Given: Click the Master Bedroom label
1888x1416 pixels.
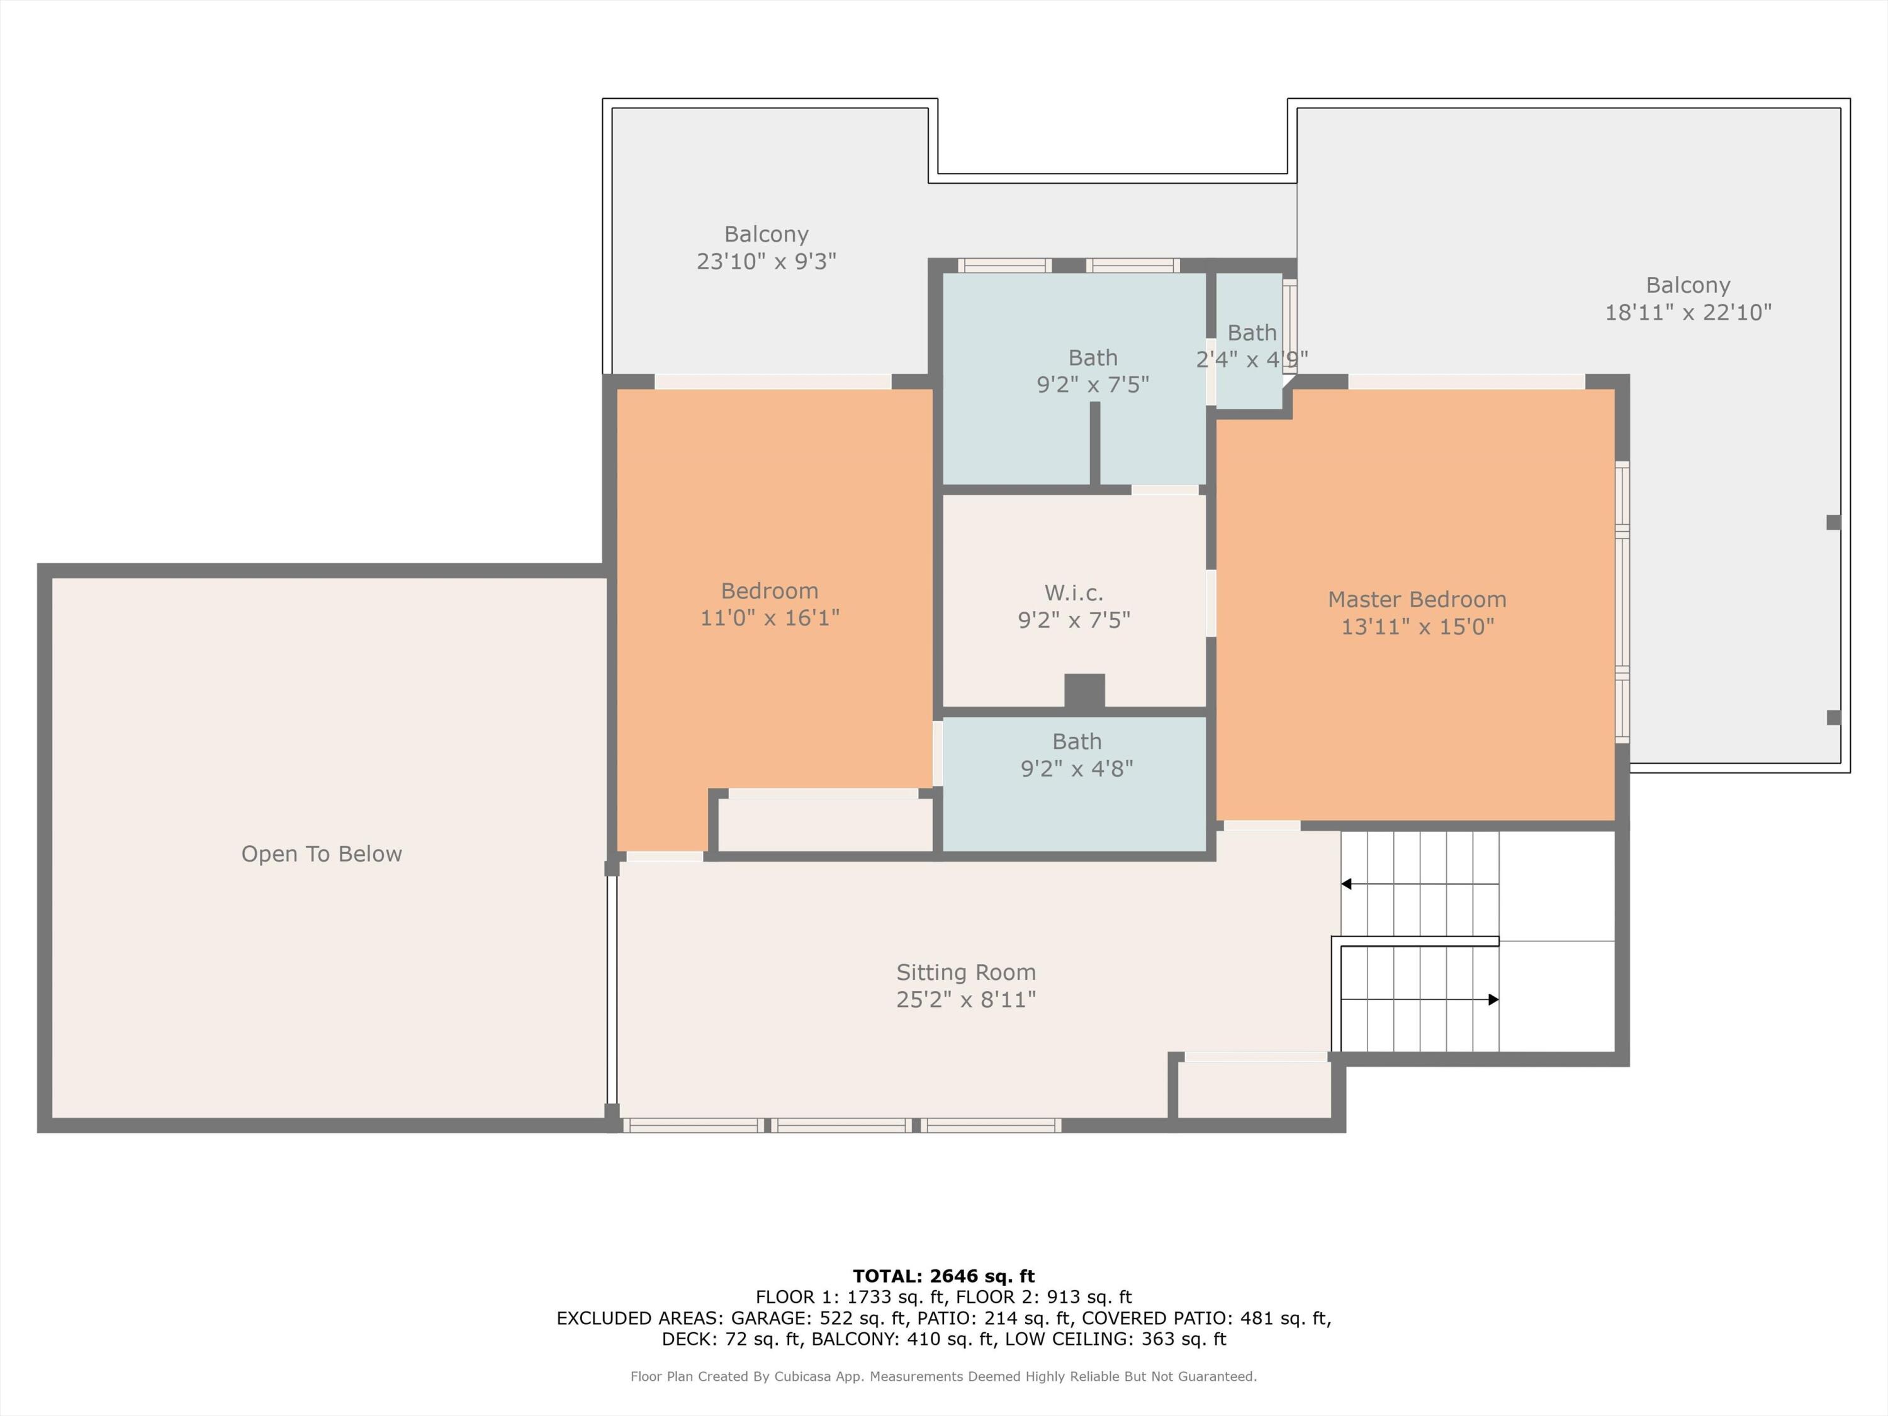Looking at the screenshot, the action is click(1417, 599).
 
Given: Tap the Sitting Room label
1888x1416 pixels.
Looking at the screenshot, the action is click(966, 972).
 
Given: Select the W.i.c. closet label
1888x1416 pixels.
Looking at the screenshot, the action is click(1074, 592).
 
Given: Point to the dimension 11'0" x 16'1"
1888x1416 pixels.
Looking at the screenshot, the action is click(770, 618).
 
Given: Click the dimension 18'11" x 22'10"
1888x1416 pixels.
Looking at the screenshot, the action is click(1689, 312).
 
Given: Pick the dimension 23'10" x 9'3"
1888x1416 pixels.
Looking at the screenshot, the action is click(767, 261).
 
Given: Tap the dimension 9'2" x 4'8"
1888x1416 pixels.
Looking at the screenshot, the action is click(1077, 769).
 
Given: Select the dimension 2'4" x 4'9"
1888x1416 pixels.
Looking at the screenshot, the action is click(1252, 359).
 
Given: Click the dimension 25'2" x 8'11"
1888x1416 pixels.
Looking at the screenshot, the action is click(966, 999).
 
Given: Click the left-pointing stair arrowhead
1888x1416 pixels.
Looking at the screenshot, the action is click(1346, 884).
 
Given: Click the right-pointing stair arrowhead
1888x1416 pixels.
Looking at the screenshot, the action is click(1493, 999).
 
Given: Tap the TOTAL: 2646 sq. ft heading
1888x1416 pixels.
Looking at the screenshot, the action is click(944, 1276).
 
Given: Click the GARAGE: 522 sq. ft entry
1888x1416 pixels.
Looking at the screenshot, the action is click(818, 1318).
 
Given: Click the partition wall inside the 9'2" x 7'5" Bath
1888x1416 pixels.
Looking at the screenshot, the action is click(1095, 443).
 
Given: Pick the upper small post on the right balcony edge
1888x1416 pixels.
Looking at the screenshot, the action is click(1833, 522).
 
